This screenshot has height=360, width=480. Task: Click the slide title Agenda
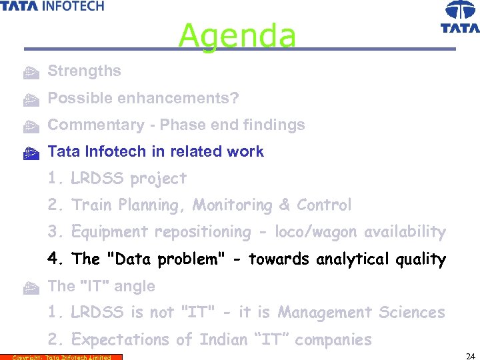pyautogui.click(x=237, y=35)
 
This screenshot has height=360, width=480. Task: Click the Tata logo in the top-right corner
pyautogui.click(x=460, y=17)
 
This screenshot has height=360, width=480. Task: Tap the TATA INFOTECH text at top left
pyautogui.click(x=53, y=6)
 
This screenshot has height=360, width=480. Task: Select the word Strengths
pyautogui.click(x=85, y=71)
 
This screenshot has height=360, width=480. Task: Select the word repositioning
pyautogui.click(x=203, y=232)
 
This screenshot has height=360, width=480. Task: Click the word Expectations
pyautogui.click(x=121, y=340)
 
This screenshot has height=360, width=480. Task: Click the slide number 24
pyautogui.click(x=469, y=355)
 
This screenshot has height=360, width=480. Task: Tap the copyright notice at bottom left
pyautogui.click(x=61, y=357)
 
